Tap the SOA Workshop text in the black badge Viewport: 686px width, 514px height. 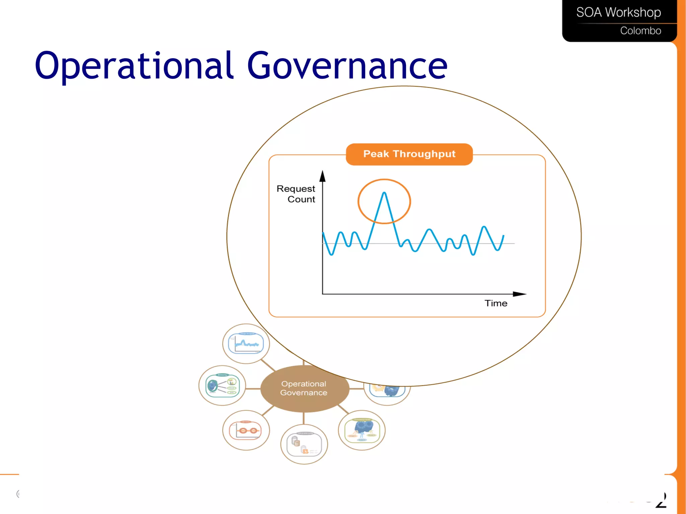[618, 12]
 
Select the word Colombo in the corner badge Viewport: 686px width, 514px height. [640, 30]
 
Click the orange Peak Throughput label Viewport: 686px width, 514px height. [409, 154]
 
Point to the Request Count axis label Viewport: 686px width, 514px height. [296, 194]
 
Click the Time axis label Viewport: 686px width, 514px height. [496, 303]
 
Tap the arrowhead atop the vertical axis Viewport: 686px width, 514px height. [323, 176]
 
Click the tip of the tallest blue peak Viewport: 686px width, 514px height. [384, 193]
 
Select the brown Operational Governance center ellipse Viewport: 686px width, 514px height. [304, 389]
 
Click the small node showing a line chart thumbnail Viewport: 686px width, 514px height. [246, 344]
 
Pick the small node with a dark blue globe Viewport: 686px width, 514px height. [222, 385]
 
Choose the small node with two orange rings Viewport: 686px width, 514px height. [246, 430]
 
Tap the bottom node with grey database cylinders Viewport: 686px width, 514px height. [304, 444]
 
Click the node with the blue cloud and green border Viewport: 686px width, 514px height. [362, 430]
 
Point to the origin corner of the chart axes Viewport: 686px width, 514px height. [323, 294]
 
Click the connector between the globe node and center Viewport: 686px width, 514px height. [253, 389]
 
